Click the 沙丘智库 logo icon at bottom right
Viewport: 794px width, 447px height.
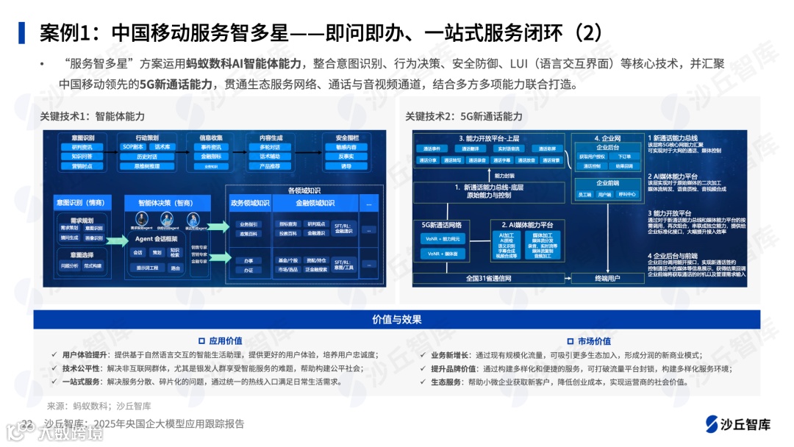pyautogui.click(x=712, y=426)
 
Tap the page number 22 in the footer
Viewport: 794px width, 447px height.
pyautogui.click(x=27, y=424)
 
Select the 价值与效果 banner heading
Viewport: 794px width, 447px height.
pyautogui.click(x=397, y=319)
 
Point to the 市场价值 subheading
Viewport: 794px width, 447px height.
pyautogui.click(x=593, y=341)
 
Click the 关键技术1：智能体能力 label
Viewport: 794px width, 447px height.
pyautogui.click(x=93, y=117)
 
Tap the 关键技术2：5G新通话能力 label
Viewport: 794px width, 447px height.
pyautogui.click(x=464, y=117)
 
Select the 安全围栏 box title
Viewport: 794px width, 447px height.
pyautogui.click(x=347, y=138)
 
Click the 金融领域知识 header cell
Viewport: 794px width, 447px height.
pyautogui.click(x=315, y=203)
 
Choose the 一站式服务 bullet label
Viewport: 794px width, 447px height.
pyautogui.click(x=82, y=382)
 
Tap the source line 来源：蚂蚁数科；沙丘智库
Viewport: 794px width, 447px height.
pyautogui.click(x=99, y=405)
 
